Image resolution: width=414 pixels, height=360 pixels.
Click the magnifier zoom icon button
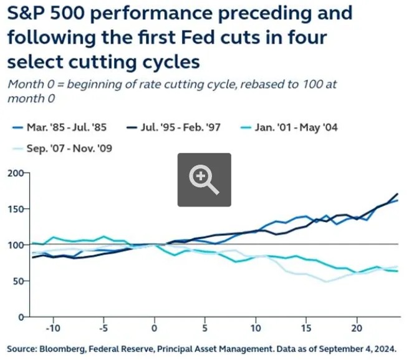pos(204,180)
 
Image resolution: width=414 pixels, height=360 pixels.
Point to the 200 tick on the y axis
pos(15,173)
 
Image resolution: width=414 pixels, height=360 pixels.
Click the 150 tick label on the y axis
pos(15,209)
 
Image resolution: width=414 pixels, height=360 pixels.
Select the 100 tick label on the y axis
pos(15,245)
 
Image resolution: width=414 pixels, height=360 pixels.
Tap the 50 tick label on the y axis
pos(17,281)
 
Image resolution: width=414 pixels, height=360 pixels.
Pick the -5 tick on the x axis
pos(103,328)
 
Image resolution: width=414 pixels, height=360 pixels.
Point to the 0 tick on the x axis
pos(155,328)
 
